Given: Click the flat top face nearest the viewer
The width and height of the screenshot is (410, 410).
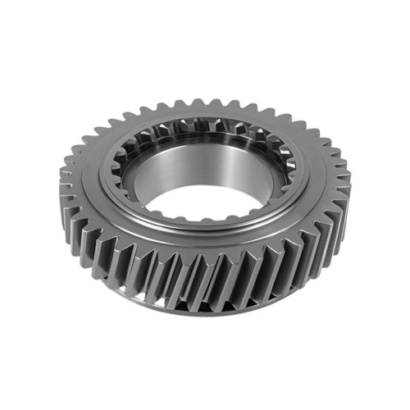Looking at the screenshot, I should [189, 242].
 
